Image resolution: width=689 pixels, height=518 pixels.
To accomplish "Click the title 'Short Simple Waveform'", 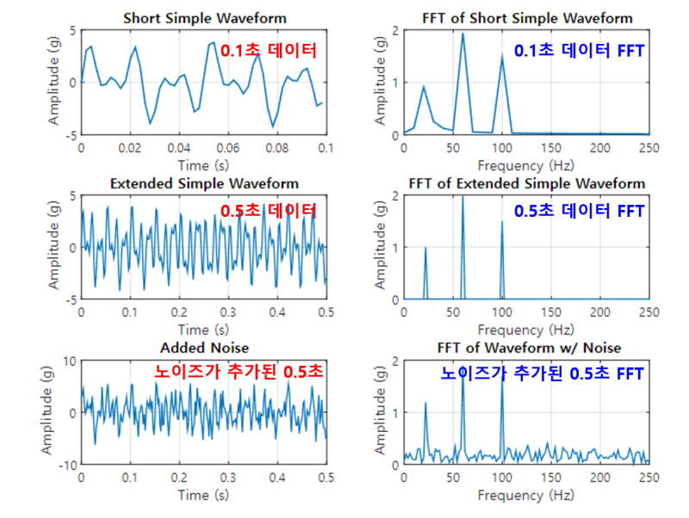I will pos(204,18).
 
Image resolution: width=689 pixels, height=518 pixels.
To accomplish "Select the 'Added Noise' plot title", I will pos(204,348).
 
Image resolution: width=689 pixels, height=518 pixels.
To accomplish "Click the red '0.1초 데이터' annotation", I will pos(269,51).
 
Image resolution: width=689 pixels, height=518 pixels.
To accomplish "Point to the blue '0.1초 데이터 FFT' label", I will pos(579,51).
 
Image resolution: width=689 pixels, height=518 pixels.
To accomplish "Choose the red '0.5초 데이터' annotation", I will pos(269,212).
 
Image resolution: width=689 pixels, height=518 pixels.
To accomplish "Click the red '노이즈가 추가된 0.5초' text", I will pos(239,372).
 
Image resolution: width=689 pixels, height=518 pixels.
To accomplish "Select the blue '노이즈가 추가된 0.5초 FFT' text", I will pos(543,373).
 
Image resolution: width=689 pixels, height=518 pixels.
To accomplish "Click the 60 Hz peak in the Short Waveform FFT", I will pos(462,34).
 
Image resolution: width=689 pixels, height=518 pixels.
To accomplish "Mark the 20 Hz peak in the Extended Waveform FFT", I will pos(425,249).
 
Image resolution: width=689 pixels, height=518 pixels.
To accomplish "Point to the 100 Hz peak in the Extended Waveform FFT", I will pos(501,223).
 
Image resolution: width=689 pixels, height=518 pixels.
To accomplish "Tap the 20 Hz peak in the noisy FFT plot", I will pos(425,404).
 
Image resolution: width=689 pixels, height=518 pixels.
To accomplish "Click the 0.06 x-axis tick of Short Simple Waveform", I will pos(227,148).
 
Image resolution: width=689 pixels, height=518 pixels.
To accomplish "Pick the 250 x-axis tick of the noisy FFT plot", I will pos(649,478).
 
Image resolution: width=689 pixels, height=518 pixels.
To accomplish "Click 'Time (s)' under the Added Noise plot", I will pos(204,496).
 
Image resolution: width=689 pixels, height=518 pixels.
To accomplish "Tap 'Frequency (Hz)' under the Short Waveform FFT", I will pos(526,165).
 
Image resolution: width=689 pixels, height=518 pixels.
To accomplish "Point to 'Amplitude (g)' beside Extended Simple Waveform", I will pos(53,248).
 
